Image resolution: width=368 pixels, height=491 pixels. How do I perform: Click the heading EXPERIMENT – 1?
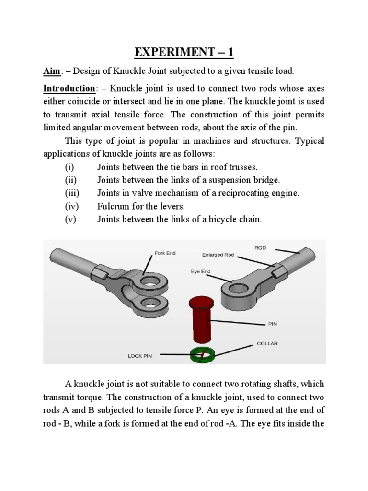184,52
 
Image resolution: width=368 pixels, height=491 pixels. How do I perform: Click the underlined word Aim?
50,71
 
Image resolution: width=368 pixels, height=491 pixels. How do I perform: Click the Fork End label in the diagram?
164,253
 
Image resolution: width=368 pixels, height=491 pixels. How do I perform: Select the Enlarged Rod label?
218,255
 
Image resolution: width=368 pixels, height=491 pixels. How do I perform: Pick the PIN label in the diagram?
273,324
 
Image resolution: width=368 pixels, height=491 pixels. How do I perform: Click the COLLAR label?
266,343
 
